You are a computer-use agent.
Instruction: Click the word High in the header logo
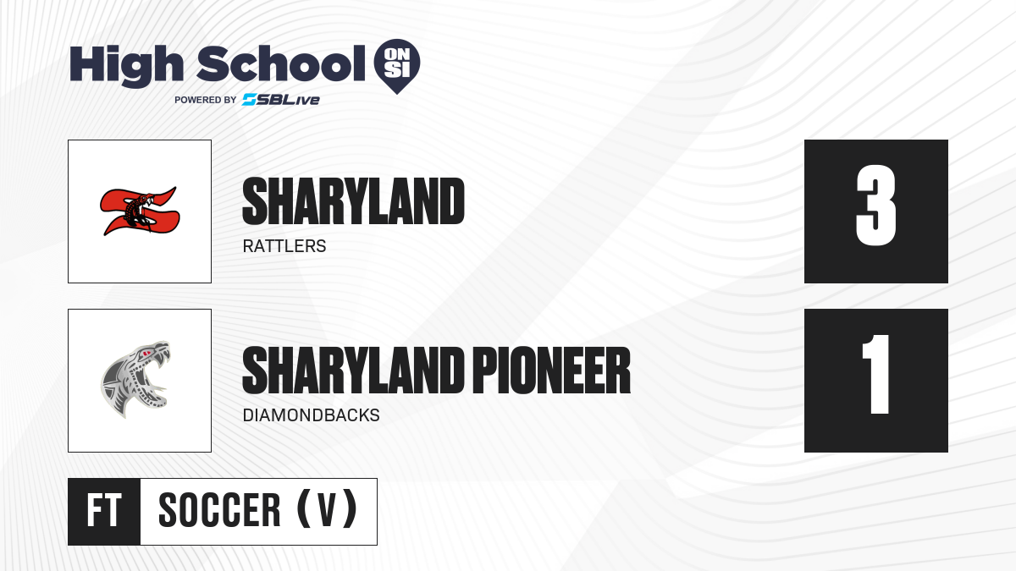coord(126,66)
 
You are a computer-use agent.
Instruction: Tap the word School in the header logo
coord(281,63)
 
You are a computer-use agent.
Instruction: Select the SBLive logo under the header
coord(281,100)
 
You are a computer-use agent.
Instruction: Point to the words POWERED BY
coord(206,100)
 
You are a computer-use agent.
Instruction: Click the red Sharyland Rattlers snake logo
coord(140,211)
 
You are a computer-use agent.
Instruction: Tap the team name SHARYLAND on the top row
coord(353,201)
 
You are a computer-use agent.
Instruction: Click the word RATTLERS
coord(284,246)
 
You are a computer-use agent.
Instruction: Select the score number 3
coord(875,206)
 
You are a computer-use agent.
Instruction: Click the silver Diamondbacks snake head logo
coord(135,379)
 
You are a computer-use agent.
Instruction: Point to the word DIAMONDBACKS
coord(312,415)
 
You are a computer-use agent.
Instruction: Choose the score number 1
coord(876,374)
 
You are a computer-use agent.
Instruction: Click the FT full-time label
coord(104,511)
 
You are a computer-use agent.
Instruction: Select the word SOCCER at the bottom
coord(219,510)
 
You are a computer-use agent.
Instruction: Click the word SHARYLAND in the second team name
coord(353,371)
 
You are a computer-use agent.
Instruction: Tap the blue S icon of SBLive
coord(250,100)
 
